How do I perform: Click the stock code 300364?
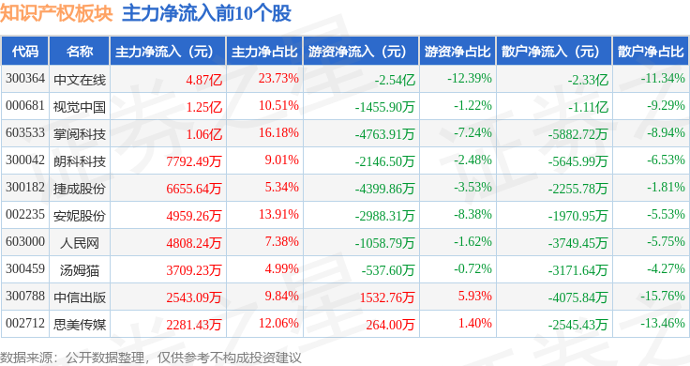click(x=25, y=79)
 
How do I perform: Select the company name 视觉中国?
click(x=80, y=107)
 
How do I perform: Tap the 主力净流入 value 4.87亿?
click(x=203, y=80)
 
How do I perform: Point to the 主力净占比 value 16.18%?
click(x=278, y=132)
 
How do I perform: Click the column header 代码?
click(x=25, y=52)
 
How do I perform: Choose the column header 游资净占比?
click(x=457, y=52)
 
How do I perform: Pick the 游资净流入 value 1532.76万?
click(x=387, y=297)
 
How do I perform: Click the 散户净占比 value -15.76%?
click(x=663, y=296)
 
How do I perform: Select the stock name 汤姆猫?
click(x=80, y=270)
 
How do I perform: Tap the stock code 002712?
click(x=25, y=323)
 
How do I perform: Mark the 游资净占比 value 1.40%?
click(x=474, y=323)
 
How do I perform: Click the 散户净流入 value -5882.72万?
click(x=577, y=134)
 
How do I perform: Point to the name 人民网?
click(x=80, y=243)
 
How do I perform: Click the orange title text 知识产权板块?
click(x=56, y=13)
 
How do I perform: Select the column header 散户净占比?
click(x=651, y=52)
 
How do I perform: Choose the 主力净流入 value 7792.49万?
click(x=194, y=161)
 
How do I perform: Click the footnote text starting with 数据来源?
click(x=151, y=358)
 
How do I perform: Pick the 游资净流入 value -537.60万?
click(x=388, y=270)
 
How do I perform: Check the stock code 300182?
click(x=25, y=187)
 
